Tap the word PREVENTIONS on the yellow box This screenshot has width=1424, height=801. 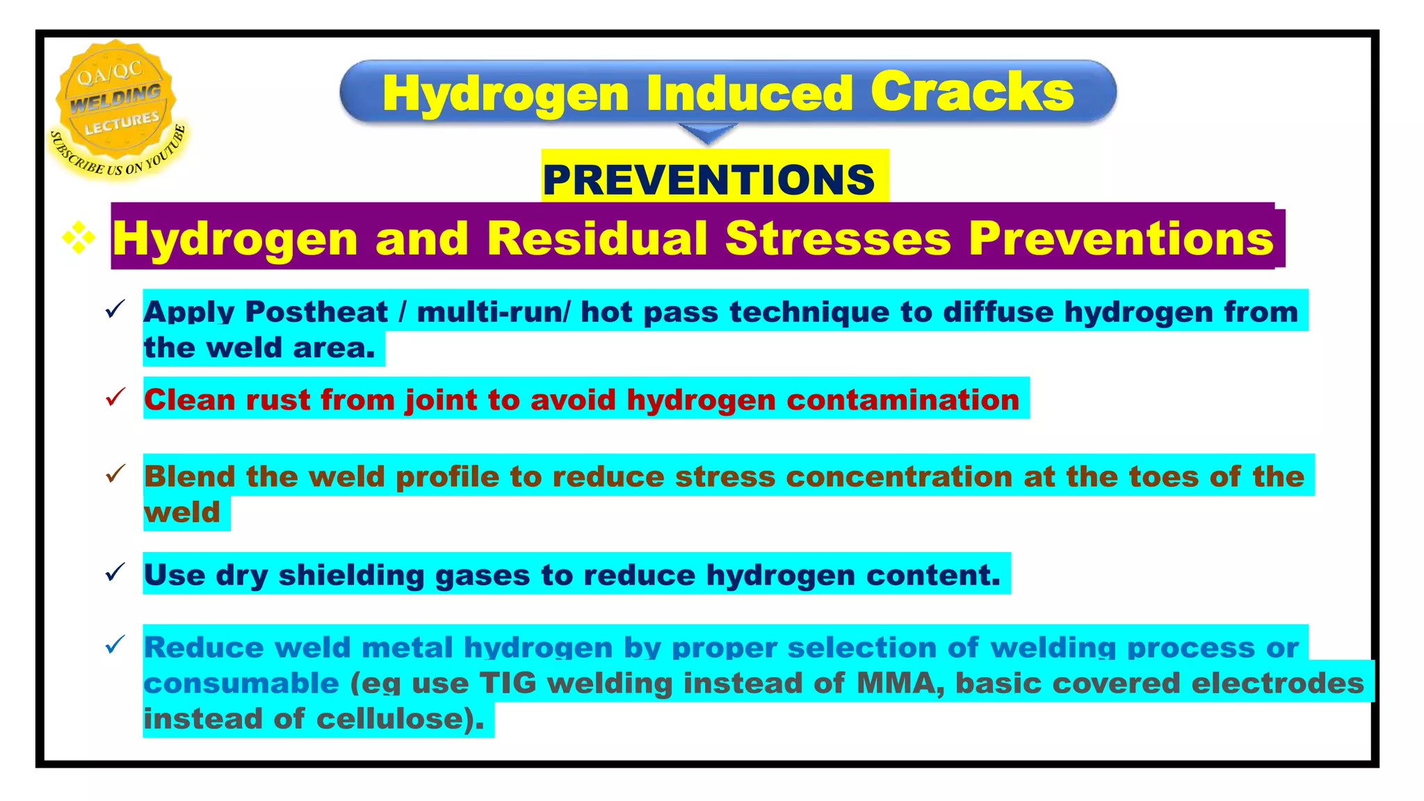(x=709, y=179)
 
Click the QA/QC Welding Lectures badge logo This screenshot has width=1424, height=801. (x=117, y=108)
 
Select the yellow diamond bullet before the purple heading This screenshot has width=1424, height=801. (x=79, y=237)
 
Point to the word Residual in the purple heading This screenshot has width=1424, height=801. (x=597, y=238)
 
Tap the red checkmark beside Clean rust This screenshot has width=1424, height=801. (x=115, y=398)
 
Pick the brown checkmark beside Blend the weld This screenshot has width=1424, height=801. (x=115, y=474)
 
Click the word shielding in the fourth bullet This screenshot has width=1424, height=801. (x=351, y=575)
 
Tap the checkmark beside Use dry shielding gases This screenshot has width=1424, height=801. (x=115, y=573)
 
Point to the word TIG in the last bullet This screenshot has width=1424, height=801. (x=508, y=683)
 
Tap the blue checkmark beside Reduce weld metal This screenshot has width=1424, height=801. (x=115, y=645)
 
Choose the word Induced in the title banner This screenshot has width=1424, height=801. (x=749, y=93)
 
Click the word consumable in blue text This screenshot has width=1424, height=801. (x=241, y=683)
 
